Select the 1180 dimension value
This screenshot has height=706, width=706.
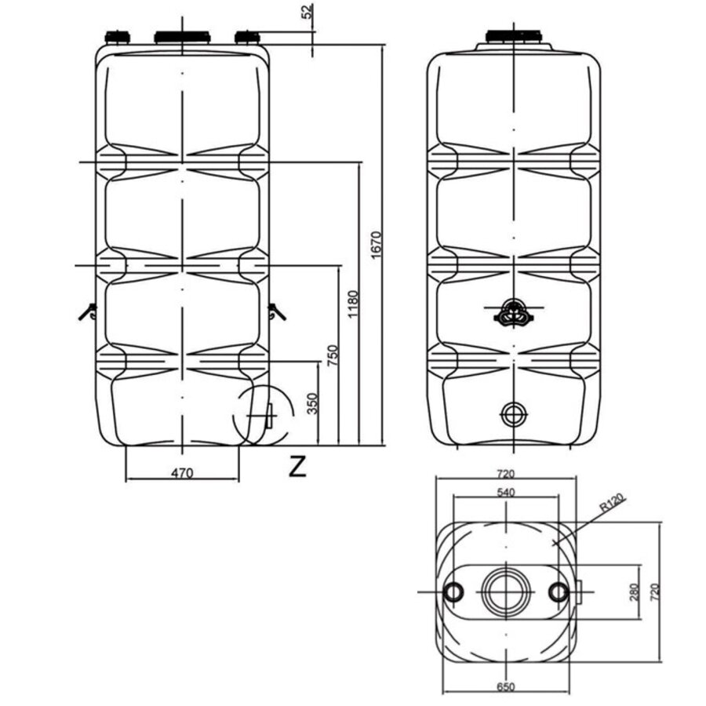click(353, 304)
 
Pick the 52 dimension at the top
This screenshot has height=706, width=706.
click(308, 12)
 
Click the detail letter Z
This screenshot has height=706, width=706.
click(297, 466)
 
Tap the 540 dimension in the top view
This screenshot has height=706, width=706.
click(504, 492)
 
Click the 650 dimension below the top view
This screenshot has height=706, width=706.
click(506, 687)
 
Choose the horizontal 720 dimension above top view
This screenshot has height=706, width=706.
click(505, 474)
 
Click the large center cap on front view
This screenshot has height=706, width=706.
click(182, 37)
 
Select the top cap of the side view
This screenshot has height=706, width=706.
click(513, 36)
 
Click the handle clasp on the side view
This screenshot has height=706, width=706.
click(514, 313)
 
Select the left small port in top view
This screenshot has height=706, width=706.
click(454, 592)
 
